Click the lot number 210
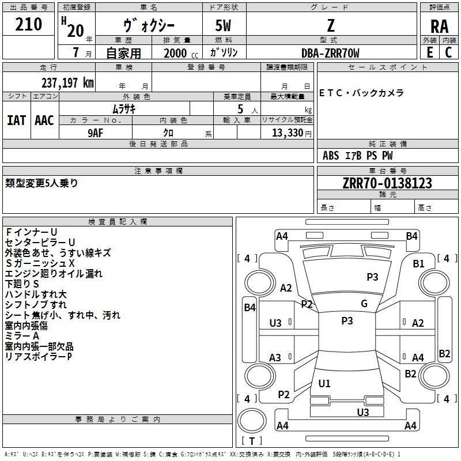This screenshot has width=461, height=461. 28,24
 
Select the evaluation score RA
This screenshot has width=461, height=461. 439,27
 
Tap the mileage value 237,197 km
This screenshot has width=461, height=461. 67,82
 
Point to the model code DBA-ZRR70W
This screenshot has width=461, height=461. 330,53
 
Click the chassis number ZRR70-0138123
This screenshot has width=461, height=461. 387,183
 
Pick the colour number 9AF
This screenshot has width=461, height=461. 96,133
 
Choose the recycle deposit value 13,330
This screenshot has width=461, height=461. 288,133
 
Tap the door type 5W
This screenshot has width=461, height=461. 223,25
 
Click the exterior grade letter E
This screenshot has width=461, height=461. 429,52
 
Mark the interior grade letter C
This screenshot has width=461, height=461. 448,52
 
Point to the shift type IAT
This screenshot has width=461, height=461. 17,120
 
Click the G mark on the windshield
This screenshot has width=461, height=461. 364,303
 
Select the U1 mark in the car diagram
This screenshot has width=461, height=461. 324,383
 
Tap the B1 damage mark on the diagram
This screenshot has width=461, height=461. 418,263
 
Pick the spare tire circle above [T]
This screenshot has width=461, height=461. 252,421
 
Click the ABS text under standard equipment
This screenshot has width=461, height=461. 331,155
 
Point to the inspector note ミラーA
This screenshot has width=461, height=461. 22,336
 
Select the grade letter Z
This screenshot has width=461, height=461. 331,25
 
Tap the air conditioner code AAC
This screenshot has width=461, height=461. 44,120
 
